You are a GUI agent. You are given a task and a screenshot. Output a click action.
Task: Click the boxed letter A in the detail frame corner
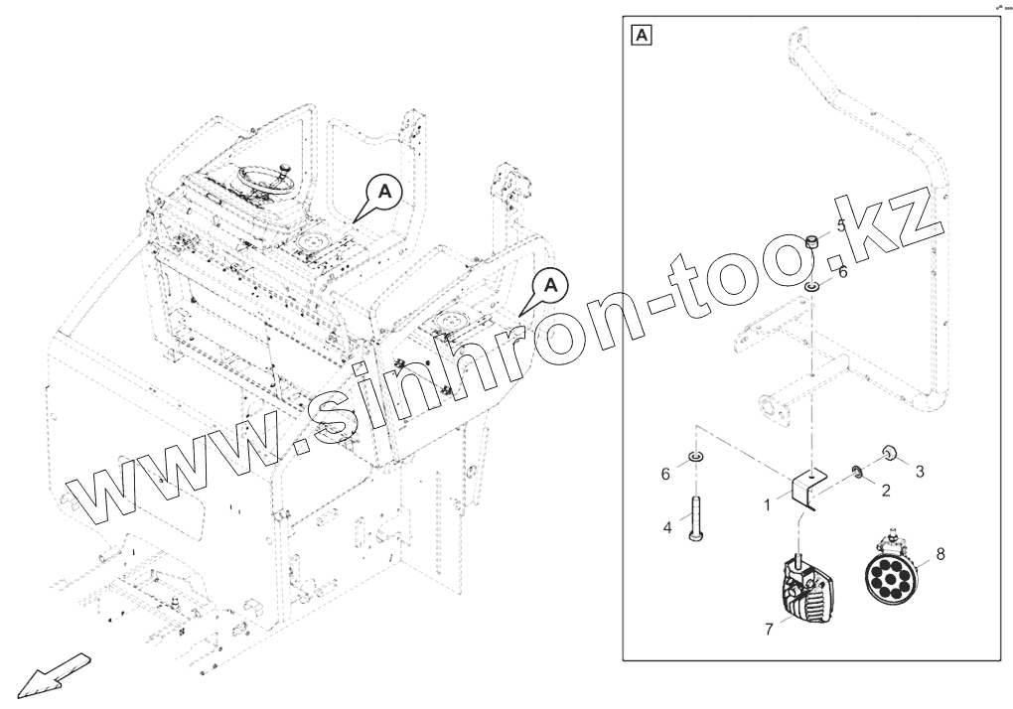click(643, 37)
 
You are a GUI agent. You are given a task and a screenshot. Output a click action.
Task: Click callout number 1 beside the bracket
click(767, 505)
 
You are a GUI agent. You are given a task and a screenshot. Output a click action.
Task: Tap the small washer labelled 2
click(855, 470)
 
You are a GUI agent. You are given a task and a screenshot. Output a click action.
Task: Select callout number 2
click(886, 489)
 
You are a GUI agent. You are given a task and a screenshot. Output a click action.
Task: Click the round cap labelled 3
click(889, 455)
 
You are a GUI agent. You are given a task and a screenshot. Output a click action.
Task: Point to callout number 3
click(920, 470)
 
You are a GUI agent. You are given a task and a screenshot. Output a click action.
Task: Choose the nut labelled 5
click(811, 240)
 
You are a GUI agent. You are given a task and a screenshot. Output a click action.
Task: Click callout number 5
click(840, 225)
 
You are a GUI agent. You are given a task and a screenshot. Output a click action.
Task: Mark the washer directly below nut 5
click(811, 287)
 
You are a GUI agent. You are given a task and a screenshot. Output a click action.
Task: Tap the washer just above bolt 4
click(694, 458)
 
